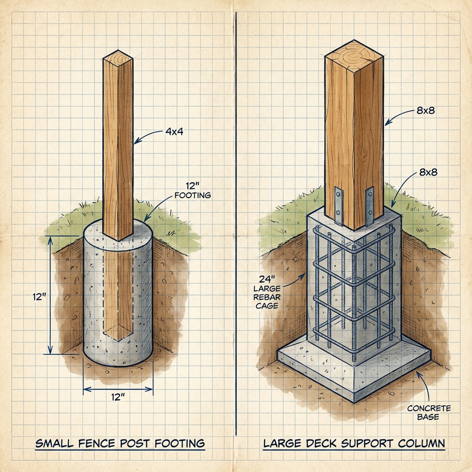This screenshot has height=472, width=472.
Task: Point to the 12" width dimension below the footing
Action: coord(118,397)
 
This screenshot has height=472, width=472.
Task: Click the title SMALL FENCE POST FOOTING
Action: coord(120,443)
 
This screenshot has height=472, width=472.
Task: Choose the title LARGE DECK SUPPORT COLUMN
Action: coord(354,443)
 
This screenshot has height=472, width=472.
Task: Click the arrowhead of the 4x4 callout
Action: coord(135,143)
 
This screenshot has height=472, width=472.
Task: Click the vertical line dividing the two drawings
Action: coord(236,230)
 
